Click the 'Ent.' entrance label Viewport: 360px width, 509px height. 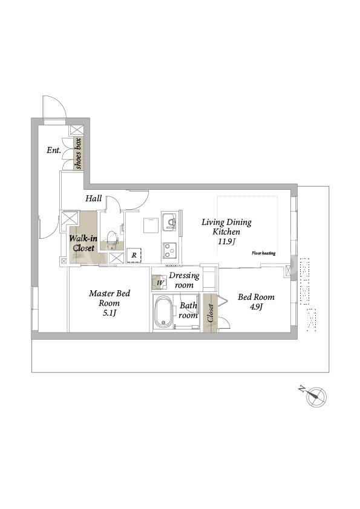[x=54, y=150]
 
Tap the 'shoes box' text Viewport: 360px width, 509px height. [x=78, y=154]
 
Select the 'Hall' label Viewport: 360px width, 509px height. [x=94, y=198]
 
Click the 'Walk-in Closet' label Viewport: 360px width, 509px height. [x=83, y=244]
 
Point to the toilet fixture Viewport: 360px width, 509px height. [x=112, y=239]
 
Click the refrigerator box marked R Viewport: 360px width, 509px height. [x=134, y=255]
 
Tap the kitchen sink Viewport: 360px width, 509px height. [x=169, y=221]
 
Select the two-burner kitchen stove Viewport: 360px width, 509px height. [x=169, y=250]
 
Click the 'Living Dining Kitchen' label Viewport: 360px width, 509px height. [x=226, y=227]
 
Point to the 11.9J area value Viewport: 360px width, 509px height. [x=227, y=242]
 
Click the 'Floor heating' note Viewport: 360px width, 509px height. [x=264, y=253]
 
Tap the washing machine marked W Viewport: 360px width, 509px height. [x=160, y=282]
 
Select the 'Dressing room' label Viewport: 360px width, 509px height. [x=184, y=280]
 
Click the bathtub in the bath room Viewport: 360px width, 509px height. [x=164, y=313]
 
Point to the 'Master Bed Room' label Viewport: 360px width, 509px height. [x=110, y=298]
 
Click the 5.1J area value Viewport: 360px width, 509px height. [x=110, y=313]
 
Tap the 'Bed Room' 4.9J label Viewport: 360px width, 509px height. [x=256, y=302]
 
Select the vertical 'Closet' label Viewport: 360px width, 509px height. [x=210, y=313]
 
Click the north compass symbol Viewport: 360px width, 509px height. [x=316, y=396]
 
